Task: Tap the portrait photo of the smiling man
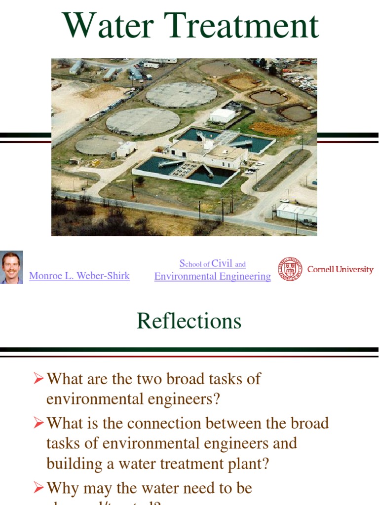(11, 268)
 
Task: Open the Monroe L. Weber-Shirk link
(79, 276)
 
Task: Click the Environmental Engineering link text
(212, 277)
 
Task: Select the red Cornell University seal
(289, 269)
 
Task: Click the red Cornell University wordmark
(340, 269)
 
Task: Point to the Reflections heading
(189, 321)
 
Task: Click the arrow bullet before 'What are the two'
(39, 379)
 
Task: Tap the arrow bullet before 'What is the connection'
(39, 423)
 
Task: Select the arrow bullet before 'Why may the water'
(39, 488)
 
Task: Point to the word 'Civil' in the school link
(222, 263)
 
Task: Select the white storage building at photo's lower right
(296, 212)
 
